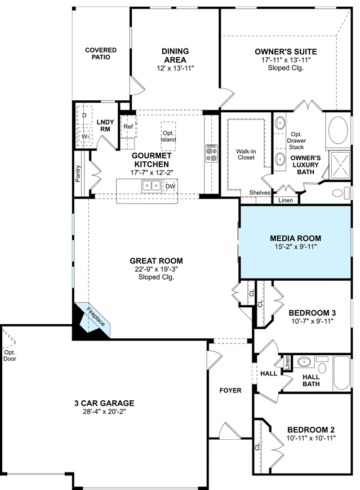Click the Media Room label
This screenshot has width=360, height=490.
click(x=295, y=239)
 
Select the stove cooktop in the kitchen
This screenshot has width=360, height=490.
click(x=211, y=153)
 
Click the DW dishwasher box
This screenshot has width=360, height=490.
click(x=170, y=187)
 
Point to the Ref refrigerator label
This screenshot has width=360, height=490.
click(x=128, y=126)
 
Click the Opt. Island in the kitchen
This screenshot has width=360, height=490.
click(x=168, y=136)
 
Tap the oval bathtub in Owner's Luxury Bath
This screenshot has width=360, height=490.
click(x=338, y=130)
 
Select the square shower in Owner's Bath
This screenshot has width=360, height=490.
click(x=340, y=165)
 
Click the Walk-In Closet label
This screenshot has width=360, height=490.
click(x=246, y=154)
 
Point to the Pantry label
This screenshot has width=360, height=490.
click(x=78, y=174)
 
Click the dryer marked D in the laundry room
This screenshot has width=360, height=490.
click(x=85, y=116)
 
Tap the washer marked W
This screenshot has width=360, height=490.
click(x=85, y=136)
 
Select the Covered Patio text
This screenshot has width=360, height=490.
click(x=101, y=54)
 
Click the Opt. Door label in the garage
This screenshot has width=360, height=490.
click(x=10, y=356)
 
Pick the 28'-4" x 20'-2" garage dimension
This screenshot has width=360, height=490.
click(x=104, y=412)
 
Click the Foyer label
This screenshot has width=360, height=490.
click(x=230, y=390)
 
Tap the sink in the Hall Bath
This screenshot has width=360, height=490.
click(x=304, y=362)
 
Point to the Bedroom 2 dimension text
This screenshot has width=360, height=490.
click(x=311, y=438)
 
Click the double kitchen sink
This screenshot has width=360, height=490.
click(x=152, y=186)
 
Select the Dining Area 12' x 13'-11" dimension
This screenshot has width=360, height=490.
click(x=175, y=68)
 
